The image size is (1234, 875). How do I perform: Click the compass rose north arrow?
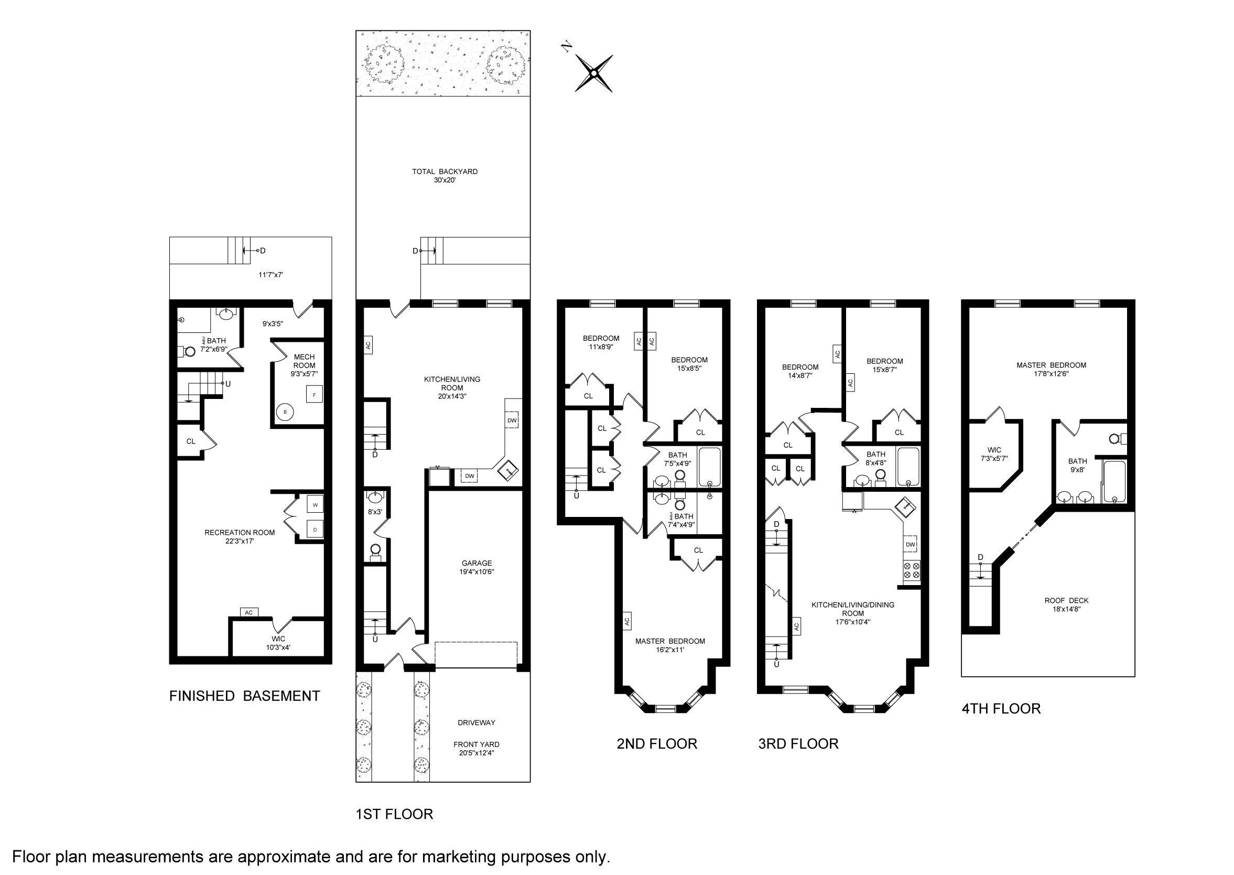(593, 73)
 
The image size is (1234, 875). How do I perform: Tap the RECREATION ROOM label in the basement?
(240, 532)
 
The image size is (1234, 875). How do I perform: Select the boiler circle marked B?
(285, 412)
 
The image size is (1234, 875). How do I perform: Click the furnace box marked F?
(314, 395)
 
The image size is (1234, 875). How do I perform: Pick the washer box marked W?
(315, 505)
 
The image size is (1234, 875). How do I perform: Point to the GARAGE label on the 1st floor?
(477, 563)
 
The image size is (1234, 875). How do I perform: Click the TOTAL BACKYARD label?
(445, 172)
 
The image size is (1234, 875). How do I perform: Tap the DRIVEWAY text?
(476, 722)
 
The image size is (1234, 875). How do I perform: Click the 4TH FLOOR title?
(1001, 708)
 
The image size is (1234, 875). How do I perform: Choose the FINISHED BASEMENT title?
(244, 696)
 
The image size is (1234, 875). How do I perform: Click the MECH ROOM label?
(305, 361)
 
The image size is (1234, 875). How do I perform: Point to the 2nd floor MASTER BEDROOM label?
(670, 641)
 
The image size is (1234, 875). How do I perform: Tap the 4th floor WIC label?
(994, 450)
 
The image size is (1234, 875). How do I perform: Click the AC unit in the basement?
(249, 613)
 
